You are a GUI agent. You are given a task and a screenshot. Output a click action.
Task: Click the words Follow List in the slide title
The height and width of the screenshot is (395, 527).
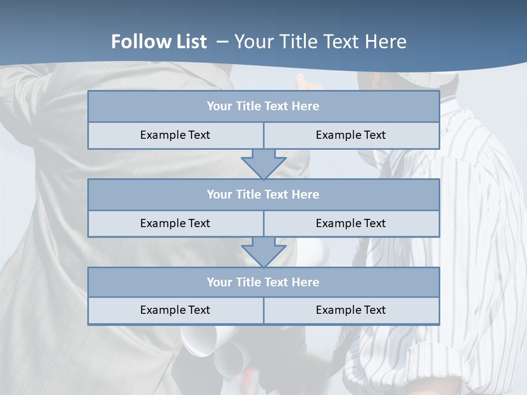[159, 42]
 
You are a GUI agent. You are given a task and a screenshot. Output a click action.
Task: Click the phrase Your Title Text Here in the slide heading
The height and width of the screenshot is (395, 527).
[321, 42]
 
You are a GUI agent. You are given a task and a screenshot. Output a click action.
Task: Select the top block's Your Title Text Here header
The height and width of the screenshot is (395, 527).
[263, 106]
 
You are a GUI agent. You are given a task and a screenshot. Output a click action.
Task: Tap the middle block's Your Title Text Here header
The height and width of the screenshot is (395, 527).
[263, 194]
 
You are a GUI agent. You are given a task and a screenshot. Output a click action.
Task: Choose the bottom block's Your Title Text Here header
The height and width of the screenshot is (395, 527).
[263, 282]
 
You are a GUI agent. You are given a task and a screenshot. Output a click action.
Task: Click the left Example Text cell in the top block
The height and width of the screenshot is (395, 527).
[175, 135]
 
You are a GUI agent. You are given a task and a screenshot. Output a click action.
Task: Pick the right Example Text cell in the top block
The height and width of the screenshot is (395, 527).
[351, 135]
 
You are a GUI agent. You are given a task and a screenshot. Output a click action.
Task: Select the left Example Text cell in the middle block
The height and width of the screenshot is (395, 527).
[175, 223]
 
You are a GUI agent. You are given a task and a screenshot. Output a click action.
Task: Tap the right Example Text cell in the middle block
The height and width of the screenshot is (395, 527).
[351, 223]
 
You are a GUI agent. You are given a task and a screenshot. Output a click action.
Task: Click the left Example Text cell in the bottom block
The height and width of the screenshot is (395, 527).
[175, 310]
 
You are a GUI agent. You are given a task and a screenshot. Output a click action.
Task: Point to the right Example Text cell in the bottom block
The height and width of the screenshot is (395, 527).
[351, 310]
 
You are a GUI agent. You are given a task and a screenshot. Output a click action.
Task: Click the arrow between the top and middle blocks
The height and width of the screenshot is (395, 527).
[263, 164]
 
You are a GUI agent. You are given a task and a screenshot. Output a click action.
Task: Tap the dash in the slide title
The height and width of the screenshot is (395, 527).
[223, 42]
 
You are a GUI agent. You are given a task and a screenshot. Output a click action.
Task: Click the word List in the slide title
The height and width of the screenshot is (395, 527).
[189, 42]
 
